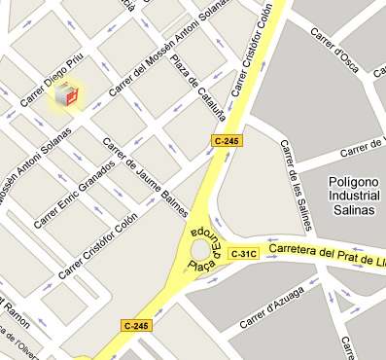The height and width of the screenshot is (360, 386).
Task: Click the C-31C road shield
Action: coord(243,254)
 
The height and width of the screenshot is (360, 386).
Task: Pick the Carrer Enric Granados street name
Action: coord(73,195)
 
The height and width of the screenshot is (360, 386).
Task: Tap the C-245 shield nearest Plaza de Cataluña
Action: coord(225,141)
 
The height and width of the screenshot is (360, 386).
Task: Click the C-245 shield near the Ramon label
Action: coord(136,324)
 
